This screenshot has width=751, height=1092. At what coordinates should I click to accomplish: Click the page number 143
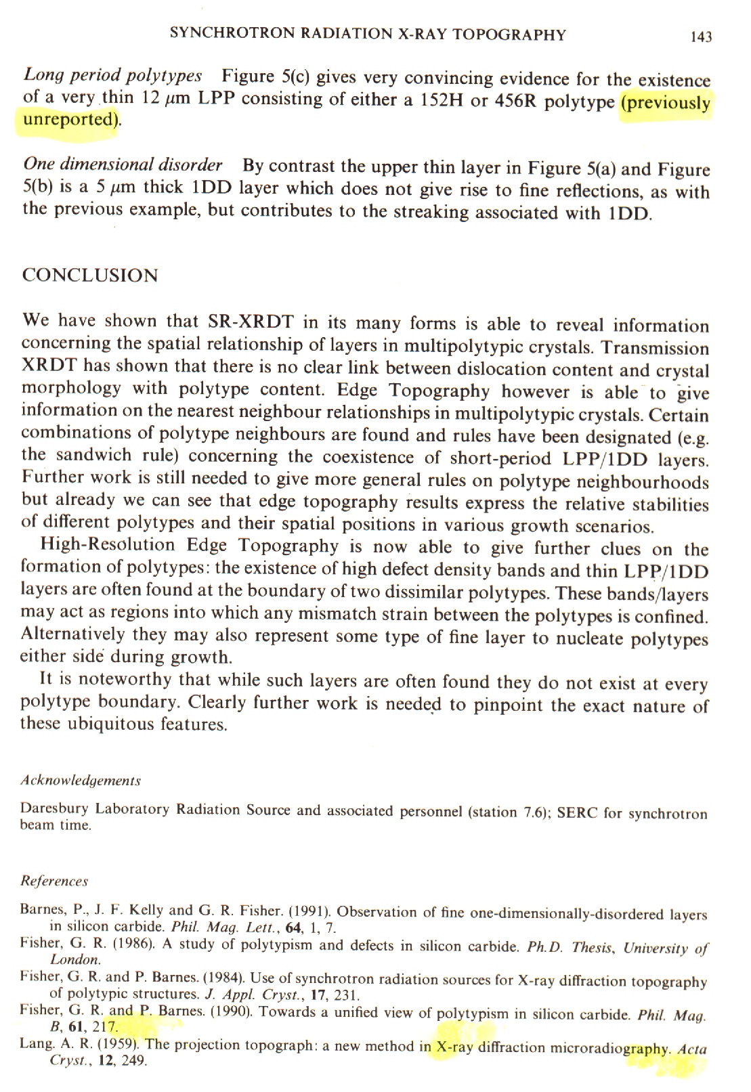(701, 37)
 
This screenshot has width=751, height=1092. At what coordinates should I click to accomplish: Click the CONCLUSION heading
(90, 276)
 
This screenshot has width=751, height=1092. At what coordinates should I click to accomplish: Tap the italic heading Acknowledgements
(81, 781)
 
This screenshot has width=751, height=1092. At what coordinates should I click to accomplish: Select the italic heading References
(54, 881)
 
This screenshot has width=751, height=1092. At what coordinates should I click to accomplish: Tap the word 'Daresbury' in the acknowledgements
(55, 808)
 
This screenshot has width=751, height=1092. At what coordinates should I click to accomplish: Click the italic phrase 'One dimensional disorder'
(123, 165)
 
